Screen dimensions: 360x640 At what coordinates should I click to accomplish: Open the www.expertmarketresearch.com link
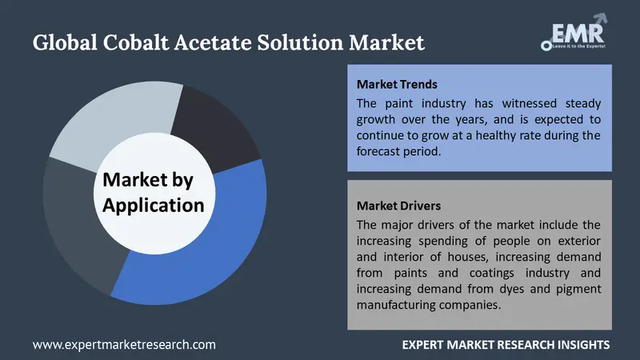click(x=124, y=344)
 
